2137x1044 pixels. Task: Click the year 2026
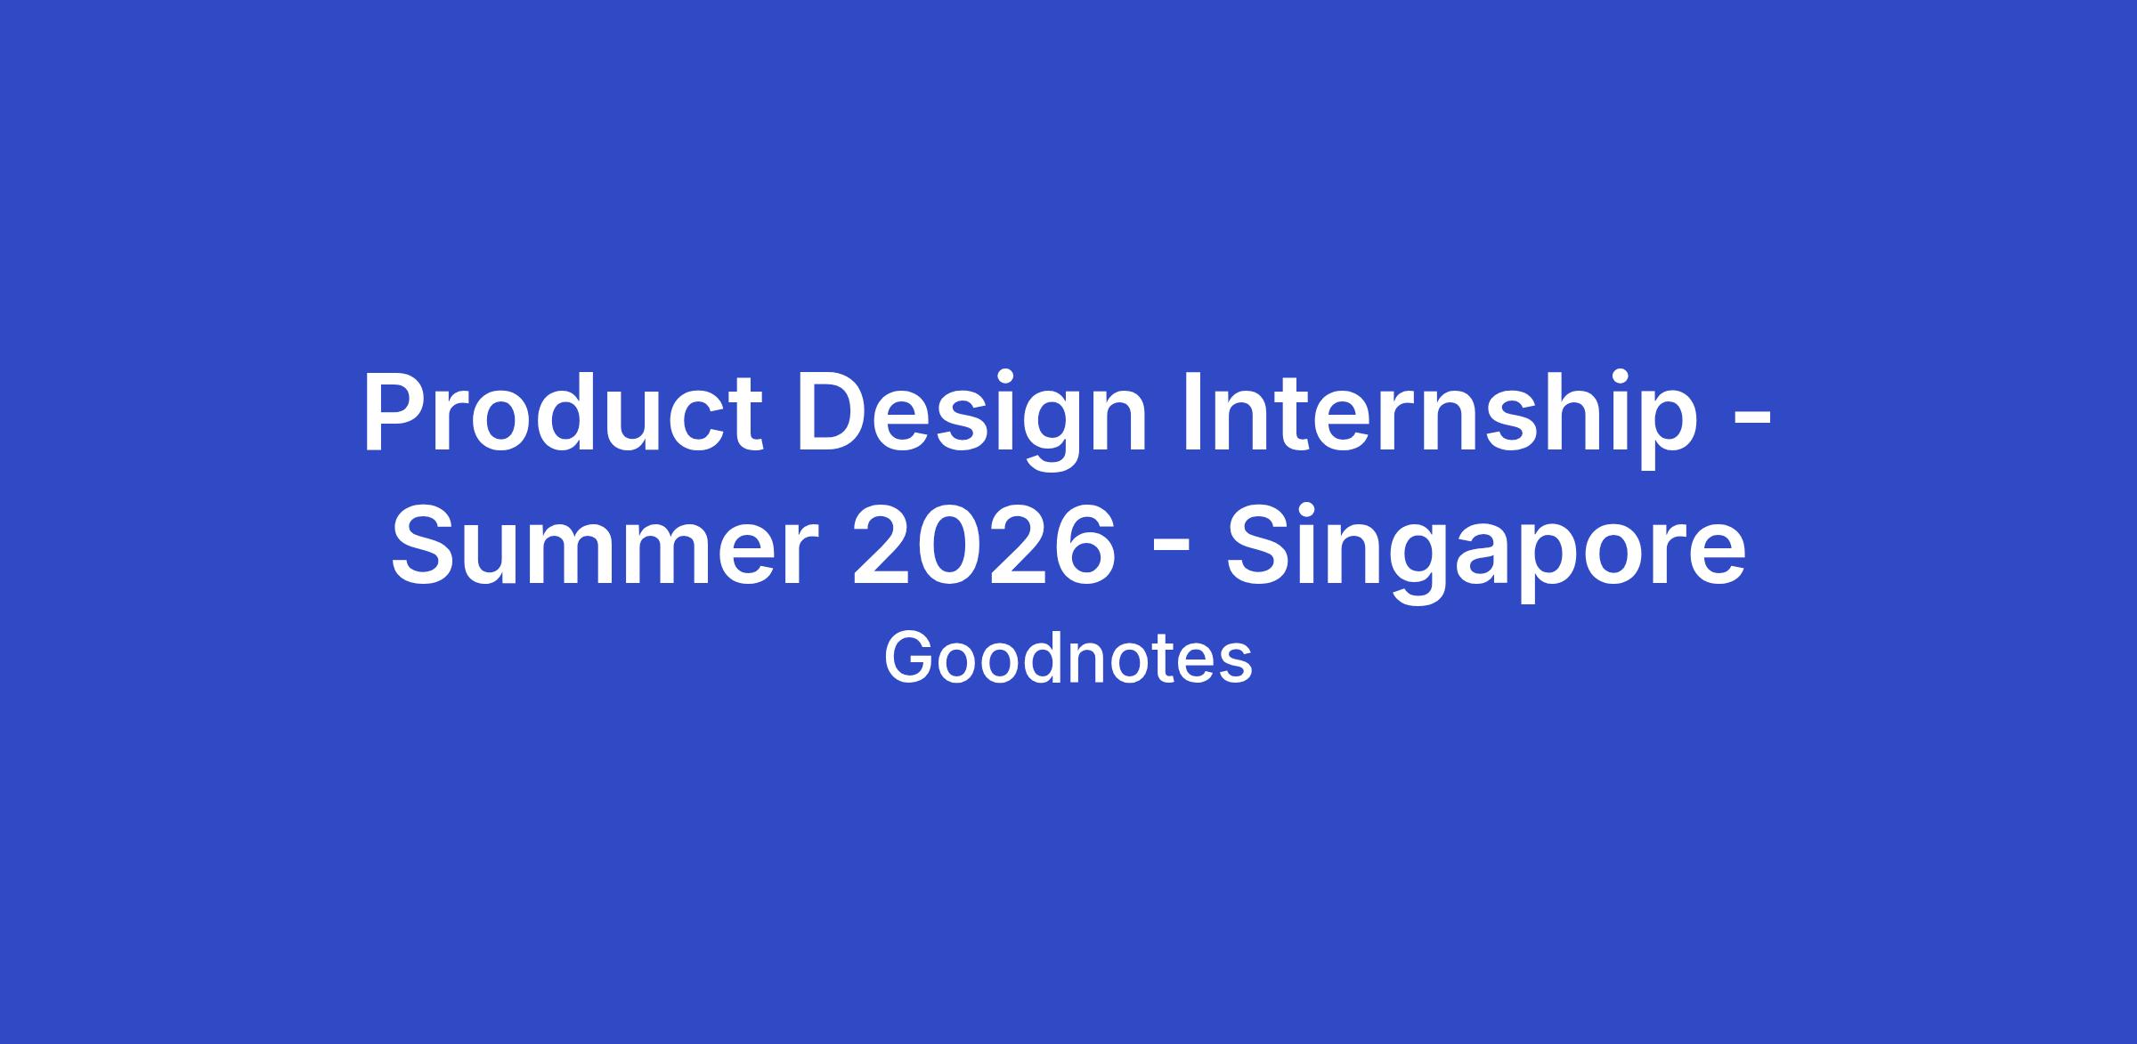(x=984, y=546)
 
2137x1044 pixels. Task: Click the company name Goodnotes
(x=1068, y=660)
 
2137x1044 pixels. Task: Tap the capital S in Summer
(x=425, y=546)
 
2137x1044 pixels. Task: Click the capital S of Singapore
(x=1259, y=546)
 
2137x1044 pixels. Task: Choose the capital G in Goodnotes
(x=909, y=658)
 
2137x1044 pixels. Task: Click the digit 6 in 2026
(x=1085, y=546)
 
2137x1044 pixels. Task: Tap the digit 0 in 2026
(x=950, y=546)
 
